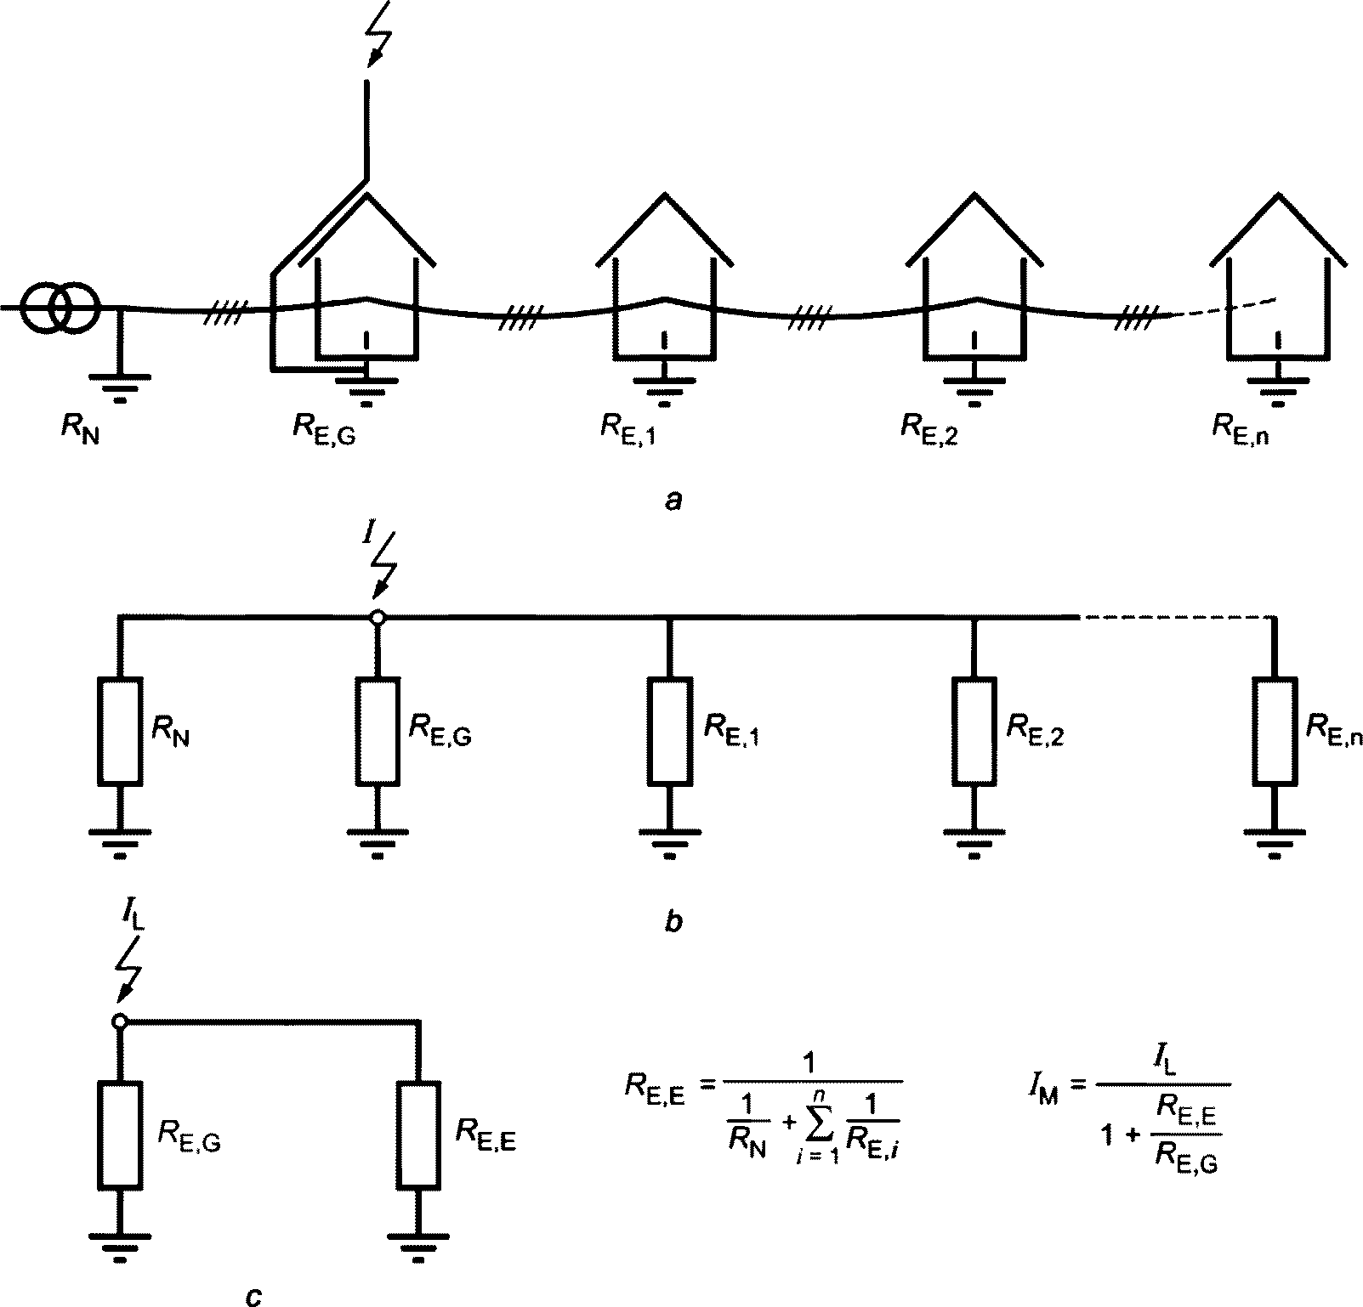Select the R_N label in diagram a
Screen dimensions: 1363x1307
click(80, 426)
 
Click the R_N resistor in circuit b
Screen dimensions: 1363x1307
click(120, 730)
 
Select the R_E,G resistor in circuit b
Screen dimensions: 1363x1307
click(378, 730)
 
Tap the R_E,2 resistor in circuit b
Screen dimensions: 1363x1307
click(974, 730)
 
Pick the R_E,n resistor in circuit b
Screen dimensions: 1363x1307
click(1274, 730)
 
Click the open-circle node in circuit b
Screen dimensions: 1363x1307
click(378, 618)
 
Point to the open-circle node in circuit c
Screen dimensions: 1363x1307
click(120, 1021)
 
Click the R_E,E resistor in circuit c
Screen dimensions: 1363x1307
click(417, 1134)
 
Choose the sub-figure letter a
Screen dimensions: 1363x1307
click(673, 501)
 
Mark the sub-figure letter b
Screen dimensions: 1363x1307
click(673, 921)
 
